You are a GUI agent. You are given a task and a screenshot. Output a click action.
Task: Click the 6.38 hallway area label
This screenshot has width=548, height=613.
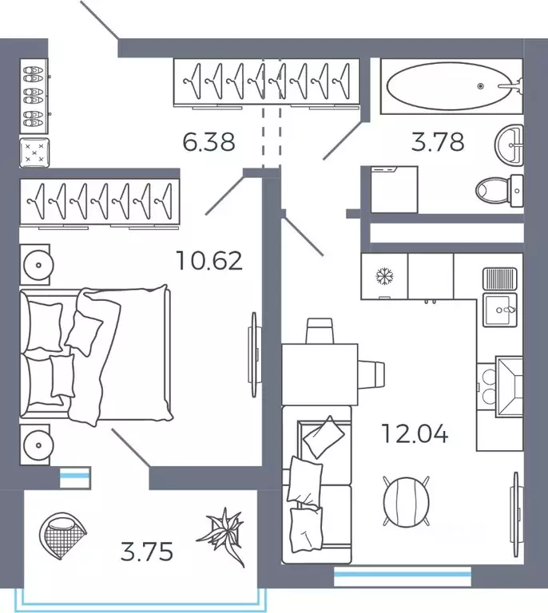click(208, 142)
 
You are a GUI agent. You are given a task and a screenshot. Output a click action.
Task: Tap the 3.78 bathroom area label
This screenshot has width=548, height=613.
click(438, 141)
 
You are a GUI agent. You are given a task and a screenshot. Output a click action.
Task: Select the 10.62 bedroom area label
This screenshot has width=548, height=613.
click(209, 261)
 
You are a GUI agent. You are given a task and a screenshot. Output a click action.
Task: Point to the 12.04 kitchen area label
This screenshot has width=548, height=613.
click(415, 434)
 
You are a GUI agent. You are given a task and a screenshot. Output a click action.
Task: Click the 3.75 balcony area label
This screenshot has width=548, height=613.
click(147, 552)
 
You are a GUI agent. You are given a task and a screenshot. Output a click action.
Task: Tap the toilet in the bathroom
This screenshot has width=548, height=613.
click(499, 191)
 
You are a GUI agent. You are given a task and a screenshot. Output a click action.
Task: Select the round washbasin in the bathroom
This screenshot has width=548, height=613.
click(510, 145)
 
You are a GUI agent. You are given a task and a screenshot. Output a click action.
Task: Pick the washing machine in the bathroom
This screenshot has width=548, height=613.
click(395, 190)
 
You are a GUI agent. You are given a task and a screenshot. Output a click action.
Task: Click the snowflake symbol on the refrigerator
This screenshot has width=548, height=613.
click(384, 276)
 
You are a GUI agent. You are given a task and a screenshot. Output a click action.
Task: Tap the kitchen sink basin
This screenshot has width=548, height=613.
click(500, 310)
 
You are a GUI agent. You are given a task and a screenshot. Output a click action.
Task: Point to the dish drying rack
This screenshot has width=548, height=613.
click(500, 278)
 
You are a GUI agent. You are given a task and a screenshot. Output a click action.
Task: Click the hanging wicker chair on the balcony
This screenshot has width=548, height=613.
click(62, 536)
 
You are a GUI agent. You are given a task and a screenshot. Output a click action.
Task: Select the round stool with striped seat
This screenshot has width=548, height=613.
click(406, 501)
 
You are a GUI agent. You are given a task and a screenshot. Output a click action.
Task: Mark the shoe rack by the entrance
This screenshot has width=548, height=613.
click(34, 96)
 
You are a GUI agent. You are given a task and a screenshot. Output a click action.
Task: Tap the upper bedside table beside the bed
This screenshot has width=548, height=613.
click(35, 265)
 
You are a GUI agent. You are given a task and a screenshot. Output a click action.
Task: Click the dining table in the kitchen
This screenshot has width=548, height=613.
click(320, 374)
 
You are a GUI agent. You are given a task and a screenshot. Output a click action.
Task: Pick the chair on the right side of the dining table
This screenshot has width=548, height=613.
click(371, 374)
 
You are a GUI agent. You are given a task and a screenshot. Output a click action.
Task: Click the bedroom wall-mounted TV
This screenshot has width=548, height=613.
click(253, 354)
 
